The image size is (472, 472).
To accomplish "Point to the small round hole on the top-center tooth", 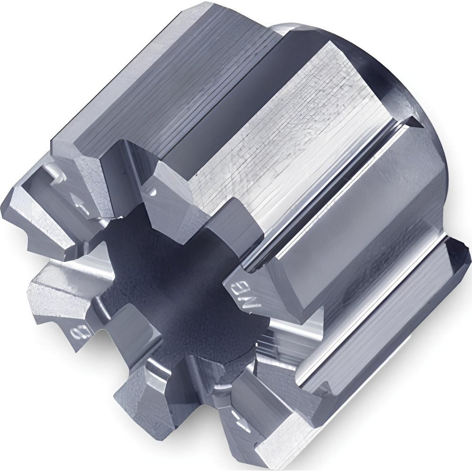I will [152, 193].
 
